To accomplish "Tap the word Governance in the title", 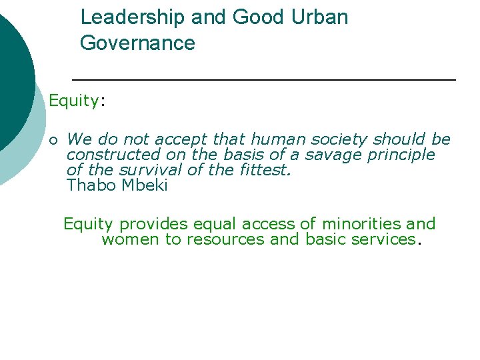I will (137, 44).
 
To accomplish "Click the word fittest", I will (266, 170).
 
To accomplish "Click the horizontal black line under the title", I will (264, 80).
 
